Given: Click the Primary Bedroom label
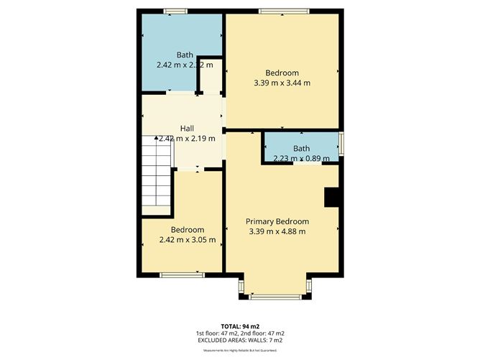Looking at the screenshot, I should (277, 221).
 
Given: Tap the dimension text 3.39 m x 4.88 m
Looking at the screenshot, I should (277, 231).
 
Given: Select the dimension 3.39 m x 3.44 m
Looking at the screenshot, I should (282, 83).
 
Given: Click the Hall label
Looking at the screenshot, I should (187, 128).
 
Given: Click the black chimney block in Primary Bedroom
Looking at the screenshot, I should (332, 198).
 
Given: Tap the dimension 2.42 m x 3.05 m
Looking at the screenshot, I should (188, 240).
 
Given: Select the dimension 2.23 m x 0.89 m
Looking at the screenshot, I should (302, 159).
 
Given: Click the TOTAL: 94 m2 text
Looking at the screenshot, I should (240, 326).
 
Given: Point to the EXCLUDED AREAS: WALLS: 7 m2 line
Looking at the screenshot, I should (240, 340).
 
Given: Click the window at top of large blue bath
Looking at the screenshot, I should (175, 11).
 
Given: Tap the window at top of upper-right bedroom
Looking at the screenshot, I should (285, 11).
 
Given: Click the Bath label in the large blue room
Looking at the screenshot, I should (185, 55).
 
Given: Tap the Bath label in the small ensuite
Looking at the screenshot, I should (301, 149).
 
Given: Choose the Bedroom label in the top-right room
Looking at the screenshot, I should (282, 73).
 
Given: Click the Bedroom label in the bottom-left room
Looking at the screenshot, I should (188, 230).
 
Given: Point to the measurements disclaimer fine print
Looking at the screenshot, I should (240, 350).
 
